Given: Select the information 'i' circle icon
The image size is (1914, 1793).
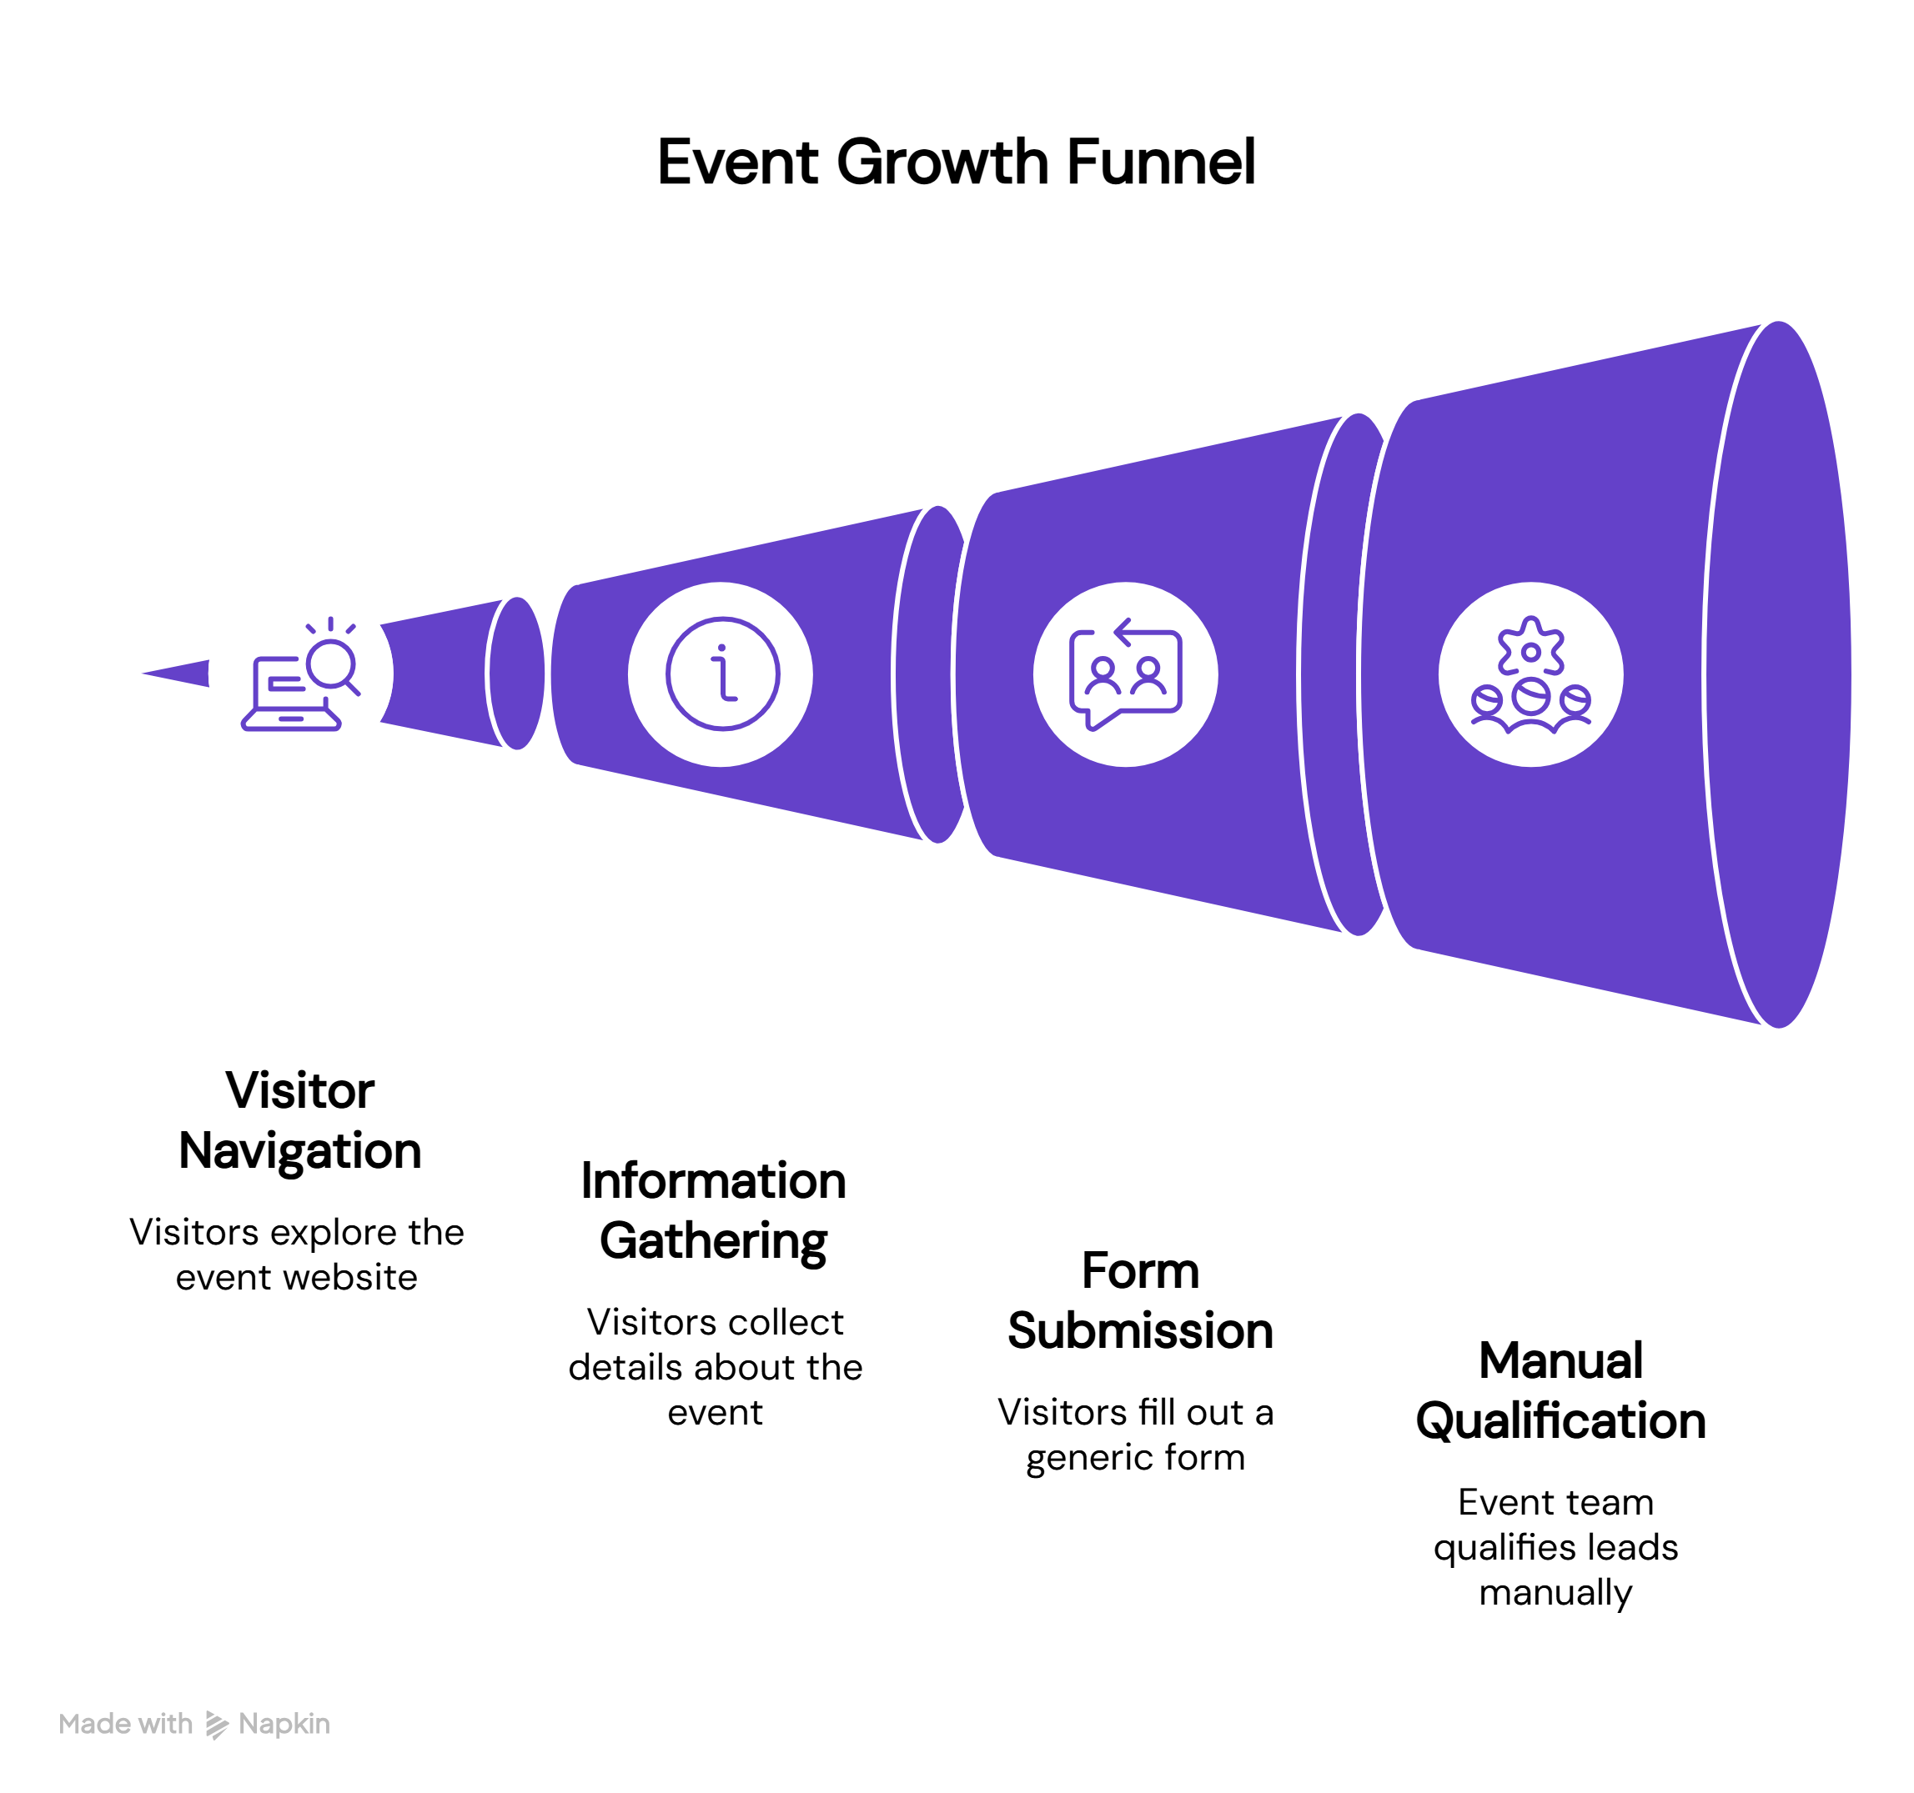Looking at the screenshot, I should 722,674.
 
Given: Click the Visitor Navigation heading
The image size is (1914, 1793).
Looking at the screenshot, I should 300,1120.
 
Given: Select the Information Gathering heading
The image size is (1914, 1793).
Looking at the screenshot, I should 713,1210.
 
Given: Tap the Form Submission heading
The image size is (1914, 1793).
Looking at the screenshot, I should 1140,1300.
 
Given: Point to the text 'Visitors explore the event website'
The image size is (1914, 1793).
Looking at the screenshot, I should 297,1254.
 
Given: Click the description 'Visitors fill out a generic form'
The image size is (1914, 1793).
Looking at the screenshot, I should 1135,1434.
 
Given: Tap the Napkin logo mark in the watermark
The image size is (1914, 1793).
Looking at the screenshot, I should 217,1725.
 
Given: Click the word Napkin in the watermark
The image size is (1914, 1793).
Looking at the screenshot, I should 284,1724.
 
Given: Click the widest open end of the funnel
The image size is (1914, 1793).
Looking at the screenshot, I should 1777,674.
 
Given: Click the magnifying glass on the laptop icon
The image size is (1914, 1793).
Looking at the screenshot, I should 332,664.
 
